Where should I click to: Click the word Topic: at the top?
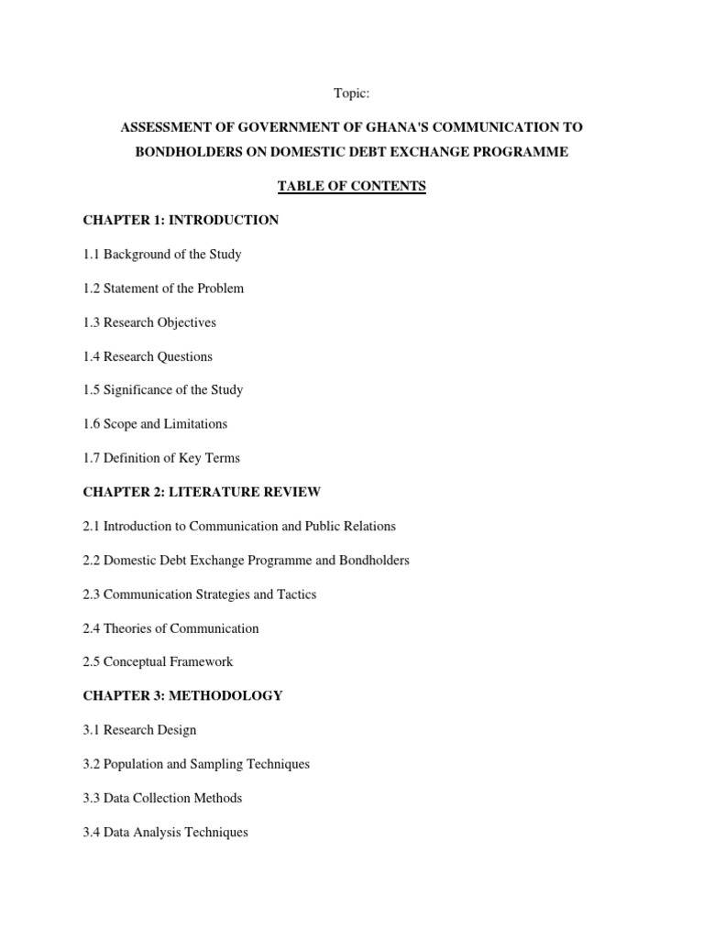point(351,93)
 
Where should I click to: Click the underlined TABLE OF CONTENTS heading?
point(352,186)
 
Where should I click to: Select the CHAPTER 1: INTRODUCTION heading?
point(181,220)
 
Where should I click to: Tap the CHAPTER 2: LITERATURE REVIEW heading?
point(202,492)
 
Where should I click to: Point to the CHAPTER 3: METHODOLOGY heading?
point(182,695)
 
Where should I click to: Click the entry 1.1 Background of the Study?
point(162,254)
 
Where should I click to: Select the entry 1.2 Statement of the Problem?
point(163,288)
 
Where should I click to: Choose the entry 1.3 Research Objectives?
point(149,322)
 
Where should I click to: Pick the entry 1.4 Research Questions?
point(148,356)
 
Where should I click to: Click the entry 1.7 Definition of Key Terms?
point(161,458)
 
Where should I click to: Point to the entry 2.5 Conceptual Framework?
point(158,661)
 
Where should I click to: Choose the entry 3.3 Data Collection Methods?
point(162,798)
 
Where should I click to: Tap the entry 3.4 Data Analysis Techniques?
point(165,833)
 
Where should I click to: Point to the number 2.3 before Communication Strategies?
point(92,594)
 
